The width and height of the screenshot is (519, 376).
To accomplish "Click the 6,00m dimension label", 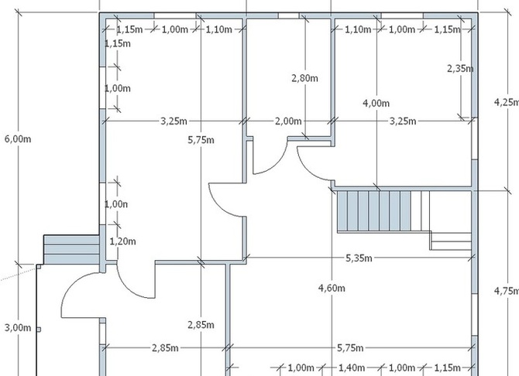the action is click(x=18, y=139).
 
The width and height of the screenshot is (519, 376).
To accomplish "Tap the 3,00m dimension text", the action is click(x=18, y=328).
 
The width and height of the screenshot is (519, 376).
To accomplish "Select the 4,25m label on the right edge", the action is click(x=507, y=103).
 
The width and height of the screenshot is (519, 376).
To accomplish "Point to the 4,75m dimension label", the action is click(x=507, y=291).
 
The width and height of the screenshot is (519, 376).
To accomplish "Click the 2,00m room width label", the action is click(x=288, y=121).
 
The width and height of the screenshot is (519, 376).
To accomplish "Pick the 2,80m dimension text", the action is click(x=305, y=78).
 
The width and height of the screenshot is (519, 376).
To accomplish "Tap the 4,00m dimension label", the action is click(x=376, y=103).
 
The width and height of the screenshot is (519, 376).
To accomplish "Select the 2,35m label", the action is click(x=460, y=68).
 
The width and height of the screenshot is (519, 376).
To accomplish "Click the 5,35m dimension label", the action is click(x=359, y=258).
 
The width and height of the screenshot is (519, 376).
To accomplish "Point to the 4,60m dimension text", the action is click(x=332, y=289).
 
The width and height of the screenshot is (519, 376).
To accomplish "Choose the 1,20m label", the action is click(x=122, y=241).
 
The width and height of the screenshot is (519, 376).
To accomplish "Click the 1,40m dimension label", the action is click(x=352, y=367).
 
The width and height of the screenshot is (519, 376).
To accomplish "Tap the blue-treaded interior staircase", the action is click(x=374, y=211).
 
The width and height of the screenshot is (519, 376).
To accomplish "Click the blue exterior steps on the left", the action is click(x=71, y=250).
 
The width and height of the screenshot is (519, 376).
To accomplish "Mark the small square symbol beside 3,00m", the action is click(x=39, y=330).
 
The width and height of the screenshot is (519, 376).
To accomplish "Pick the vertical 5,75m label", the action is click(x=201, y=140).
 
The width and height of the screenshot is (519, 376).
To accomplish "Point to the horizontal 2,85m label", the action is click(x=165, y=348).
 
